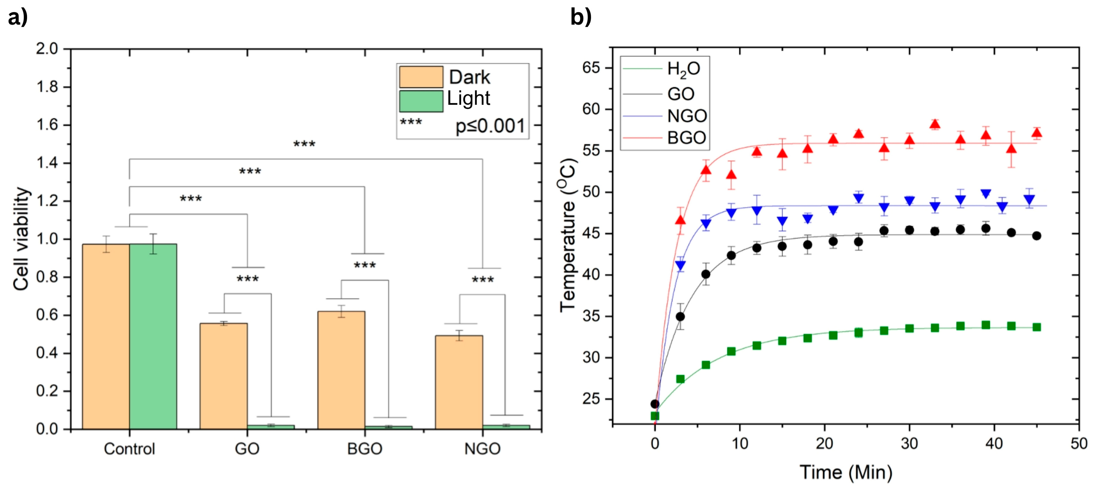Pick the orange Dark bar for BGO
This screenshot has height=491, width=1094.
point(341,370)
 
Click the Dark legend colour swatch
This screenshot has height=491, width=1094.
point(421,77)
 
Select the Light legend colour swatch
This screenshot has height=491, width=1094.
point(421,101)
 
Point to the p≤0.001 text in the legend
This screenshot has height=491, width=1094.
point(490,126)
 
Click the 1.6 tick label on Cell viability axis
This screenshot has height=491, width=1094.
point(47,125)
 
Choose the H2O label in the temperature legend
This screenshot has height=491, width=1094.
point(683,69)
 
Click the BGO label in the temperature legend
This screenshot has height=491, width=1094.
point(686,138)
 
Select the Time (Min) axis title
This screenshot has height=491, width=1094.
point(846,472)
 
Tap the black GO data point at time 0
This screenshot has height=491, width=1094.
point(655,404)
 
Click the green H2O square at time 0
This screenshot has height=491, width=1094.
point(655,416)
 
